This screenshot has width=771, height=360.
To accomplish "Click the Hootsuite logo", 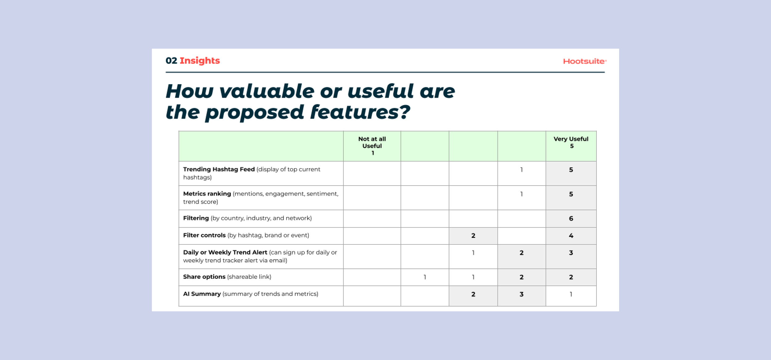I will pos(584,61).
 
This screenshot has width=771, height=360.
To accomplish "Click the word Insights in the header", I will pos(200,61).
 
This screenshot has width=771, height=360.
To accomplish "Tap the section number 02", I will pos(171,61).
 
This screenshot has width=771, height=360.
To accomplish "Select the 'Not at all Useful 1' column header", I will pos(372,146).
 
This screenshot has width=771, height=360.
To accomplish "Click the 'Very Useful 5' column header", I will pos(571,142).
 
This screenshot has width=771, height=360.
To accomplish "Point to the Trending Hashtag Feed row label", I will pos(219,169).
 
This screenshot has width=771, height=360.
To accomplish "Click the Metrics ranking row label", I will pos(207,194).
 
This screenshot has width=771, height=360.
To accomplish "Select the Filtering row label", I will pos(196,218).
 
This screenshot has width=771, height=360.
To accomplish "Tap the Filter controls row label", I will pos(204,235).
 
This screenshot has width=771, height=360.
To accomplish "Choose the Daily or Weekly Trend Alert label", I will pos(225,252).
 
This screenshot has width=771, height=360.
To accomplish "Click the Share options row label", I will pos(204,277).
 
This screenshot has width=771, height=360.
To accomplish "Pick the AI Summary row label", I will pos(202,294).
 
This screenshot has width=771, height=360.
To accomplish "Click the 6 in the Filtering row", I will pos(571,219).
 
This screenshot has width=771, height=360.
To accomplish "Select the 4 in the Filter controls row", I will pos(571,236).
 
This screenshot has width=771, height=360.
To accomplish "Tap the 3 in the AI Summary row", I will pos(521,294).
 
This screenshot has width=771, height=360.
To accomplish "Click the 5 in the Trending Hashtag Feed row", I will pos(571,170).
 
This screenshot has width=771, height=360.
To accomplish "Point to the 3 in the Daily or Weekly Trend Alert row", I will pos(571,253).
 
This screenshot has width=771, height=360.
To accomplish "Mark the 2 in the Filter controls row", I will pos(473,236).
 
